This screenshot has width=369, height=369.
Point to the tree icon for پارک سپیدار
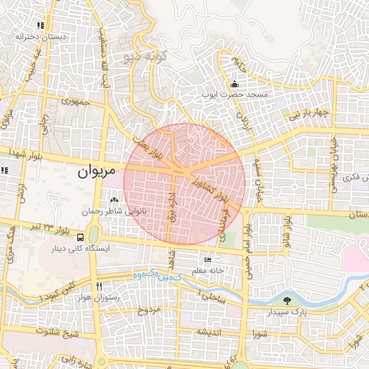pos(288,301)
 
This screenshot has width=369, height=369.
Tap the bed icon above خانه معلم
pos(208,259)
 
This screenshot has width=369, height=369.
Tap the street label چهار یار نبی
pos(310,114)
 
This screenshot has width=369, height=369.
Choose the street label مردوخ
pos(147,310)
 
